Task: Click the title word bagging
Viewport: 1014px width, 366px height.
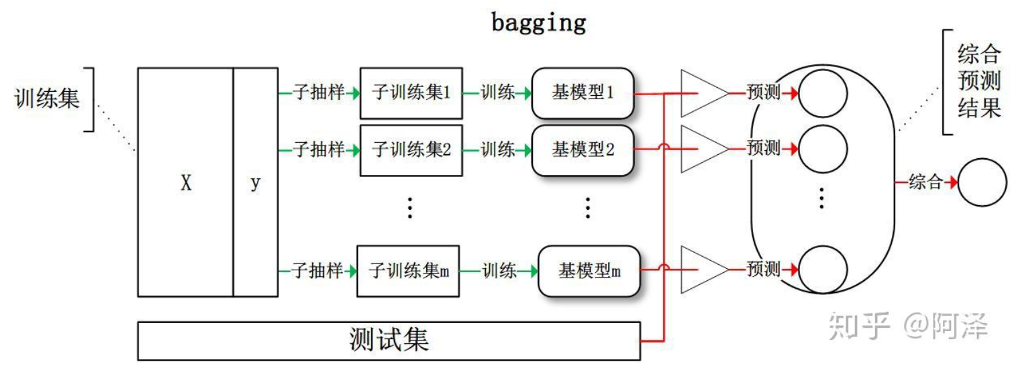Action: click(x=539, y=23)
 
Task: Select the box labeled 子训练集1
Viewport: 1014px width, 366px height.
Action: click(x=411, y=93)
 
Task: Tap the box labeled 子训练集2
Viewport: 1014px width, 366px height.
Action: click(x=411, y=150)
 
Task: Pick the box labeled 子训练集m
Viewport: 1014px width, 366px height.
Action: click(x=408, y=271)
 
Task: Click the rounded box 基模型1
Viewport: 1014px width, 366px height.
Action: click(x=582, y=93)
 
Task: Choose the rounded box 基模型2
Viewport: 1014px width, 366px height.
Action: click(x=582, y=150)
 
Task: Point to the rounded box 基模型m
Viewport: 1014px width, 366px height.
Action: click(x=589, y=271)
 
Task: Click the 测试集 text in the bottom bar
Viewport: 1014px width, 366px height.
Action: click(x=389, y=340)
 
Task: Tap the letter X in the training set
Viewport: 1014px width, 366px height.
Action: click(x=186, y=183)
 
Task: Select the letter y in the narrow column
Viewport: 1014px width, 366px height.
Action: click(x=255, y=183)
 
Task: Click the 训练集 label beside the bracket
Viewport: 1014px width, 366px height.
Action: click(x=47, y=99)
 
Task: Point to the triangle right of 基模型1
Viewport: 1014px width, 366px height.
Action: click(x=705, y=93)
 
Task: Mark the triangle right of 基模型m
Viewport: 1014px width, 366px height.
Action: click(x=705, y=269)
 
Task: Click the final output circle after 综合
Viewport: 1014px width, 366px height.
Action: click(x=982, y=182)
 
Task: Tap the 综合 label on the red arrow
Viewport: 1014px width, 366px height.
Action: click(x=925, y=182)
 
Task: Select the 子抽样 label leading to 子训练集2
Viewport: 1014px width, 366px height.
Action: click(x=319, y=149)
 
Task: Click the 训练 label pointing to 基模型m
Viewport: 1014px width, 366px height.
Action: click(x=499, y=271)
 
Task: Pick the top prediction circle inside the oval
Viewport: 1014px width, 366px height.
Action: click(x=823, y=93)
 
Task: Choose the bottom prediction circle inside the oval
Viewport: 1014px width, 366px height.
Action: click(x=823, y=270)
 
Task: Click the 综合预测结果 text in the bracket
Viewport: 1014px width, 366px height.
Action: click(x=979, y=81)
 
